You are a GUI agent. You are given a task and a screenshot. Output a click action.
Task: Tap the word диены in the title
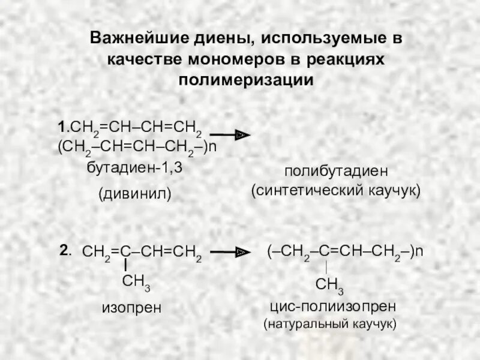tap(221, 39)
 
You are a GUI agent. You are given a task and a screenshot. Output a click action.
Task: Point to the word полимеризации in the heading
tap(246, 80)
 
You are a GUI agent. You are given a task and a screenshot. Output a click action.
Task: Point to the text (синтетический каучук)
tap(337, 191)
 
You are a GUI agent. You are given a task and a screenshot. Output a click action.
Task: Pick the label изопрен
tap(131, 308)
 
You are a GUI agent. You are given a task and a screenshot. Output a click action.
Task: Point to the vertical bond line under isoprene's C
tap(126, 265)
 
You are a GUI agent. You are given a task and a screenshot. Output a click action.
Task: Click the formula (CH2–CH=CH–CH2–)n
tap(137, 148)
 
